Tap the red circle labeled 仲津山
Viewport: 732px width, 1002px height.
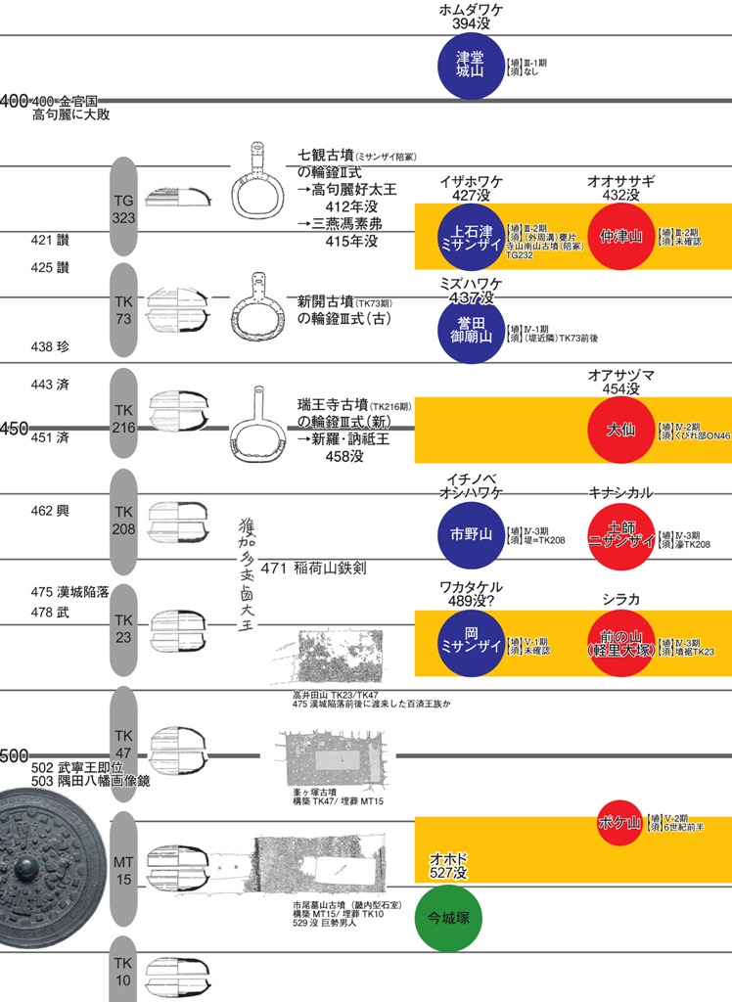(x=620, y=236)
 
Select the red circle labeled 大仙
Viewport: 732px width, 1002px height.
(x=620, y=429)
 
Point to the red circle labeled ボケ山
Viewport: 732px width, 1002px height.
(x=619, y=823)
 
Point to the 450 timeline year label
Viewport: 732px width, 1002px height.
(x=14, y=430)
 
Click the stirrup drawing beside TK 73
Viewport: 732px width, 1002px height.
(x=256, y=308)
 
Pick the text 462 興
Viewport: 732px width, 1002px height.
(x=48, y=510)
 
